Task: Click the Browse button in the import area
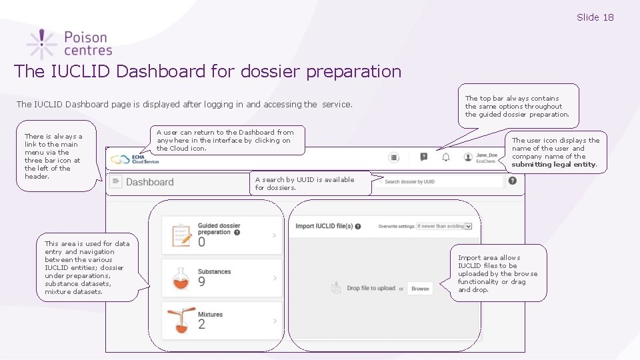click(x=420, y=289)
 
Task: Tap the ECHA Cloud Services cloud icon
click(x=120, y=160)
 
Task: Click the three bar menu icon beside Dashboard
click(x=116, y=181)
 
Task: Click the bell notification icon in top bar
click(x=446, y=157)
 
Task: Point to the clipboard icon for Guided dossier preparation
click(x=181, y=235)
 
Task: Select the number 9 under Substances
click(x=201, y=282)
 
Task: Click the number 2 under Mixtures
click(x=201, y=325)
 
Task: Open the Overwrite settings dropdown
click(x=444, y=226)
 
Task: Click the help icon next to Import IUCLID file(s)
click(x=358, y=227)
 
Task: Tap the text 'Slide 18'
click(x=595, y=17)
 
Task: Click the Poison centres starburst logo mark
click(x=41, y=43)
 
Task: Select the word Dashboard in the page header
click(x=149, y=182)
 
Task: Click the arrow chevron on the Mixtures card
click(x=275, y=321)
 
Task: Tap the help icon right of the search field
click(x=512, y=181)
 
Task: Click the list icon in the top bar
click(x=394, y=157)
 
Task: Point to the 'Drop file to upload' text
click(x=371, y=289)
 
